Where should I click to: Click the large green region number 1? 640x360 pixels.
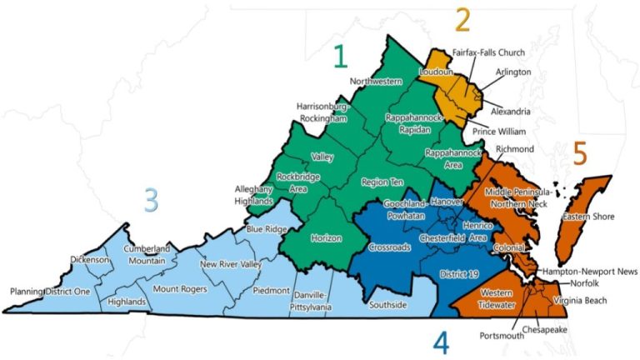pos(339,56)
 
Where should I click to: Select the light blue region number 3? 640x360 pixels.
pos(150,200)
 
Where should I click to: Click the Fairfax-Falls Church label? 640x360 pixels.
pos(488,52)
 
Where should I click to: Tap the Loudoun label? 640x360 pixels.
pos(435,72)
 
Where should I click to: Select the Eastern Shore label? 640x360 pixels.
pos(587,217)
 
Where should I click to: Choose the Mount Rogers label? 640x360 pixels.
pos(177,289)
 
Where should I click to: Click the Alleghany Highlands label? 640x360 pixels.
pos(254,196)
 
